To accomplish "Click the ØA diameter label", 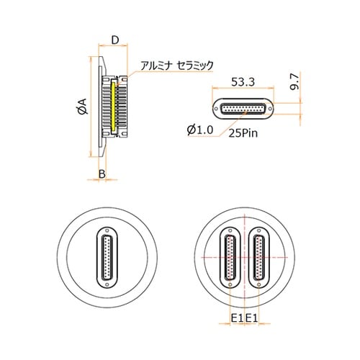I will point(81,108).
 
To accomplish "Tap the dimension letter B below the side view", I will point(103,174).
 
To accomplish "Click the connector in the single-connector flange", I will point(107,257).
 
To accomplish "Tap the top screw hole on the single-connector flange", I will point(107,231).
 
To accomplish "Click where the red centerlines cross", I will point(245,257).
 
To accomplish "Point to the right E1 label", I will point(252,318).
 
